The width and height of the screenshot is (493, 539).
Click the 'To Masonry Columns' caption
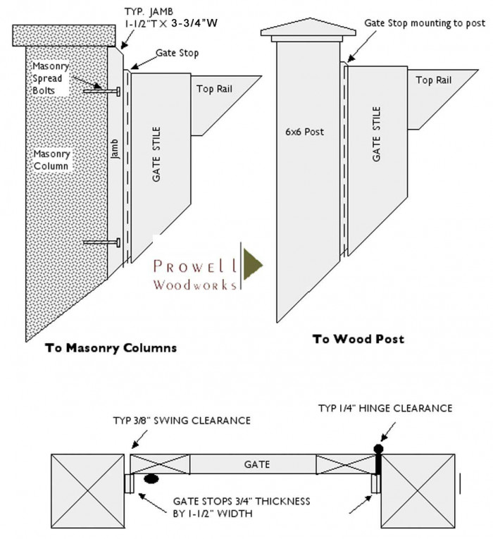[x=111, y=347]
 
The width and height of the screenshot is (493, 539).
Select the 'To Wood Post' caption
[x=358, y=339]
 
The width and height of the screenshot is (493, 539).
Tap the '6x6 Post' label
[x=305, y=132]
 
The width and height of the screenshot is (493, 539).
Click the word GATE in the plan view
[x=257, y=464]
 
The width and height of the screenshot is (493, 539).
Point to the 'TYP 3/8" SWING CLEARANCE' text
[x=182, y=421]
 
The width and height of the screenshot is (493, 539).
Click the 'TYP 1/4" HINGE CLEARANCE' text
[x=385, y=408]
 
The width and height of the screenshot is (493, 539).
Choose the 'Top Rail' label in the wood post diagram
[x=433, y=80]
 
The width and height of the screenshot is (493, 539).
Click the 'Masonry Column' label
[x=51, y=159]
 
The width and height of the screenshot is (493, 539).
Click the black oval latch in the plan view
[x=151, y=479]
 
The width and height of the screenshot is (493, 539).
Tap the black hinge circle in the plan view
[x=378, y=448]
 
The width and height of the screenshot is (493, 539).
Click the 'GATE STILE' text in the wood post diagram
[x=377, y=135]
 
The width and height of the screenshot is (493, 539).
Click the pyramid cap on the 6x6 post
[x=308, y=28]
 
